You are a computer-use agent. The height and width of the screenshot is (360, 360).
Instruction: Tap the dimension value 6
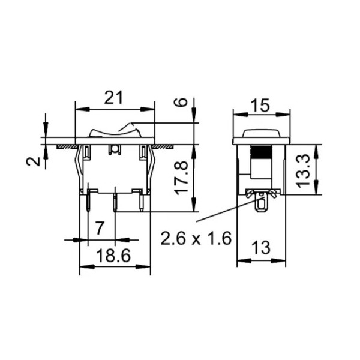[x=179, y=102]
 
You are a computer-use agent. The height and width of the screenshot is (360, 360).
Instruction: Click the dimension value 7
[x=101, y=227]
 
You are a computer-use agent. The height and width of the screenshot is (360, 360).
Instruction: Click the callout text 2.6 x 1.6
[x=196, y=239]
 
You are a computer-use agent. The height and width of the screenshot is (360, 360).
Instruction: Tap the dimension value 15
[x=260, y=106]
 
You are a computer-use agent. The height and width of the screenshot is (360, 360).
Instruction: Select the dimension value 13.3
[x=304, y=169]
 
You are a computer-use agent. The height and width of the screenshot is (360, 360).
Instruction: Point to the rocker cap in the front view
[x=114, y=131]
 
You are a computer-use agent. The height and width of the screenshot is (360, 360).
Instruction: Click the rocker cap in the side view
[x=261, y=133]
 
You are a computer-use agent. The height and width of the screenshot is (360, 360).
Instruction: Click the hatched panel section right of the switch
[x=163, y=146]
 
